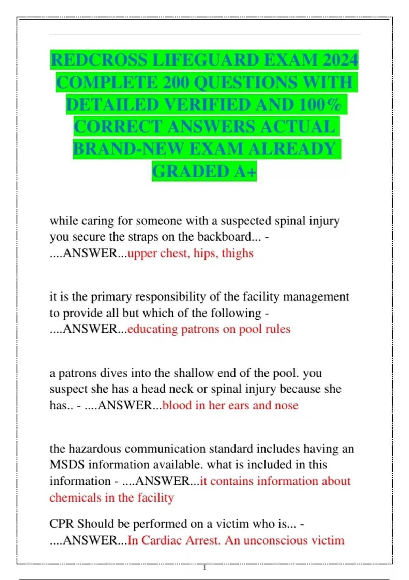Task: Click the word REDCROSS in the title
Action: coord(99,60)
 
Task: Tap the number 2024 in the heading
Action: coord(340,60)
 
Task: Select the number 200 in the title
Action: coord(176,82)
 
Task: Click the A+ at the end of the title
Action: coord(245,171)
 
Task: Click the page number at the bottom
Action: coord(204,568)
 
